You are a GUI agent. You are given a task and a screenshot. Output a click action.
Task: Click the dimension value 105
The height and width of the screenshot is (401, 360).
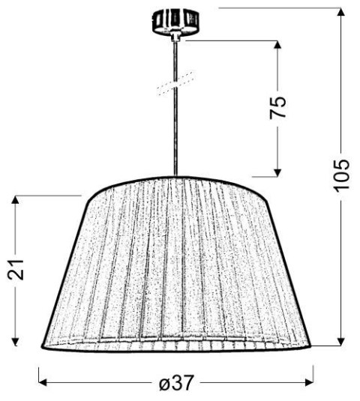point(341,175)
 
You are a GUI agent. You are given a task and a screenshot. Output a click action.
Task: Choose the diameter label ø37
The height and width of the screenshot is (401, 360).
point(177,384)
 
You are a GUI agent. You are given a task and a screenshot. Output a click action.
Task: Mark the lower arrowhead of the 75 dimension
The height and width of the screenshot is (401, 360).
point(277,171)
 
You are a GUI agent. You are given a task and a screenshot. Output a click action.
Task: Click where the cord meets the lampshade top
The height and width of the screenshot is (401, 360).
point(176,177)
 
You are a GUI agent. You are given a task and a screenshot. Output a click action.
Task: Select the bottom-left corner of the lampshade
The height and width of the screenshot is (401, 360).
point(42,346)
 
